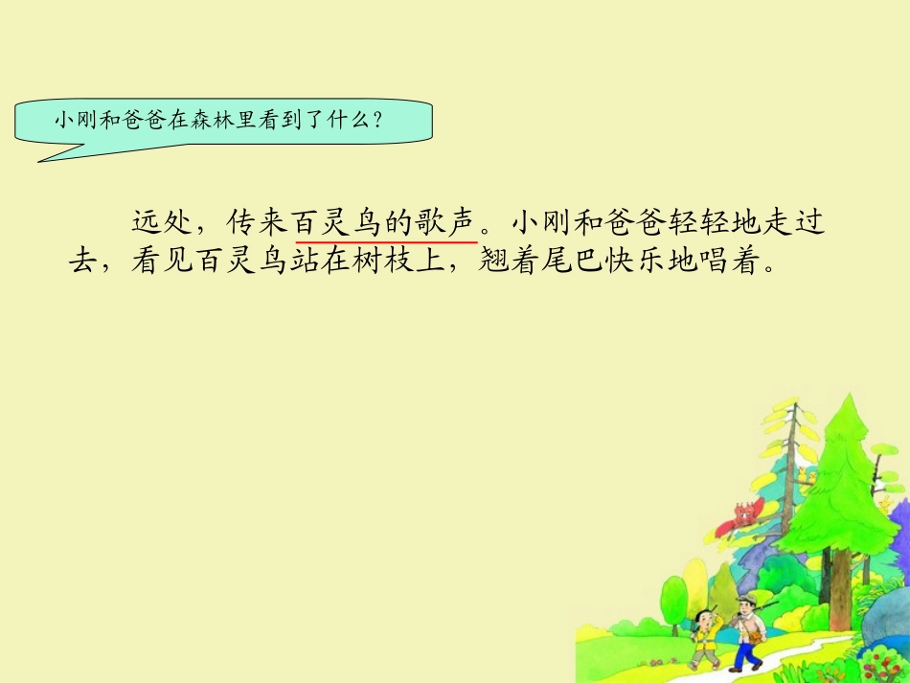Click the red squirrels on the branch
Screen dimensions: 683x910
point(746,512)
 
